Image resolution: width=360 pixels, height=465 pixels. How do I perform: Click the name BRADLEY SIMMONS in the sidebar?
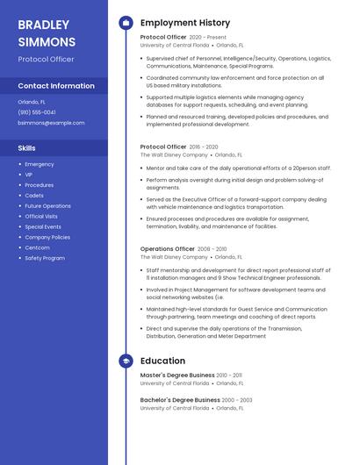click(47, 32)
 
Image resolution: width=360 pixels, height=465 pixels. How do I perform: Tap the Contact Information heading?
click(56, 86)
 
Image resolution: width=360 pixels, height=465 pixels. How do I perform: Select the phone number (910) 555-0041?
click(37, 112)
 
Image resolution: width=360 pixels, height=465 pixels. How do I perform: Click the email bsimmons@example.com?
click(51, 123)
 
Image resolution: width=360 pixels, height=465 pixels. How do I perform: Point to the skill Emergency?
click(40, 164)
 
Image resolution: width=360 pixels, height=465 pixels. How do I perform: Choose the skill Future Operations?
click(47, 205)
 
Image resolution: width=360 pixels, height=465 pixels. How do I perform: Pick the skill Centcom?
click(37, 247)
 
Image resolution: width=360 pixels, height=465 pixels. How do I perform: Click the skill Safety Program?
click(45, 258)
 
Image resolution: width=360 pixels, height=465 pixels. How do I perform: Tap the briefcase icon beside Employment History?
click(126, 23)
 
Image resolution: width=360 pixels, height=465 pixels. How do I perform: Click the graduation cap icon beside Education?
click(126, 361)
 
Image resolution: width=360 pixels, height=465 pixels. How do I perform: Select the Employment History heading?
click(185, 23)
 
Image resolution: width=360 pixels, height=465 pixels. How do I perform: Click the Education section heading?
click(162, 361)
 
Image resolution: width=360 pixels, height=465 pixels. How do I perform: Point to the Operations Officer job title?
click(167, 249)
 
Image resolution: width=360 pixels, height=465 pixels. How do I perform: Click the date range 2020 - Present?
click(207, 38)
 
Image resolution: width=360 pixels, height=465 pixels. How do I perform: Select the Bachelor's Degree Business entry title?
click(181, 400)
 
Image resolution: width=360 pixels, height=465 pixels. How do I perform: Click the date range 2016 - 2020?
click(204, 147)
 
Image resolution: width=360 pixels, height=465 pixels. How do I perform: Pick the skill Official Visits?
click(41, 216)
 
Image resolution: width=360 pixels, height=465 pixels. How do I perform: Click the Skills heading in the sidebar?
click(27, 148)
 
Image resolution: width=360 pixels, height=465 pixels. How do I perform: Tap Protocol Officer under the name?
click(46, 60)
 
